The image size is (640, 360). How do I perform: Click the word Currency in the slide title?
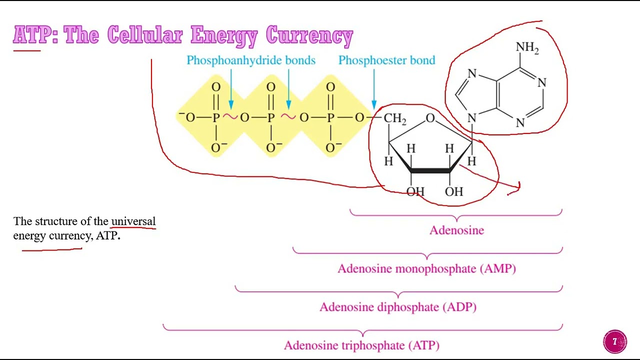309,35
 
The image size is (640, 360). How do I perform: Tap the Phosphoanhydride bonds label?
250,60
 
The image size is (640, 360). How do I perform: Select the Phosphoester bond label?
386,60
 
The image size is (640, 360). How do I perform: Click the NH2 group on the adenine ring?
527,48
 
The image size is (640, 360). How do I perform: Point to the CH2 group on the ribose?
394,119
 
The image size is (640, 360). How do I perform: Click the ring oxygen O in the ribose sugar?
430,118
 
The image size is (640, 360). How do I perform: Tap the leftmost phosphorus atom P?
216,118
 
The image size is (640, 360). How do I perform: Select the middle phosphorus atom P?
271,118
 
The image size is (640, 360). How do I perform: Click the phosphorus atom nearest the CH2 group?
330,118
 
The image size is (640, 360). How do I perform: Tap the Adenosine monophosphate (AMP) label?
426,269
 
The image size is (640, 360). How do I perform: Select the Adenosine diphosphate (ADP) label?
397,307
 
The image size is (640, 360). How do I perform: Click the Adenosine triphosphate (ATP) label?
361,345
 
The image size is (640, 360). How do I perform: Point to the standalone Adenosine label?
456,230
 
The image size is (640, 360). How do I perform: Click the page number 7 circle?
615,342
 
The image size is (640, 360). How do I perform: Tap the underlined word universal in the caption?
133,221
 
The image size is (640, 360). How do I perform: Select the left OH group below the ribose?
415,191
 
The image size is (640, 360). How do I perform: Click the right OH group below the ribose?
454,191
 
